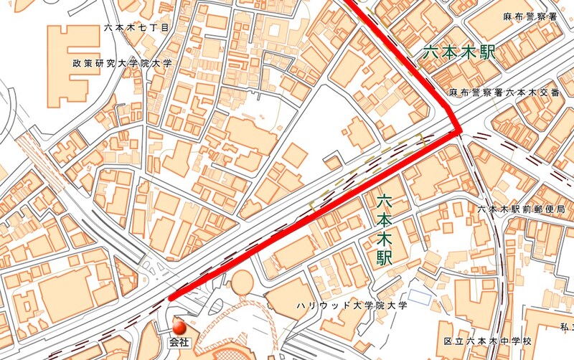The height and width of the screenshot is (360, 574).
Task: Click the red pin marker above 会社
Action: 179,327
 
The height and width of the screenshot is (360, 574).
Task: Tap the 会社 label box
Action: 179,343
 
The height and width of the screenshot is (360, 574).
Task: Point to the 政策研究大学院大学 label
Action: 123,63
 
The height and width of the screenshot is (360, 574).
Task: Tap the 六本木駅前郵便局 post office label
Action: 518,209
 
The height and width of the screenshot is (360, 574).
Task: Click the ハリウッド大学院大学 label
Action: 352,305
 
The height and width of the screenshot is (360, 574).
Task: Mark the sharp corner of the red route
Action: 458,131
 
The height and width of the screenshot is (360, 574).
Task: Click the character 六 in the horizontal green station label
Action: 429,52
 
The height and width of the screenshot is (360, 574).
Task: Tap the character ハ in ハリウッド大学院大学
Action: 302,305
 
